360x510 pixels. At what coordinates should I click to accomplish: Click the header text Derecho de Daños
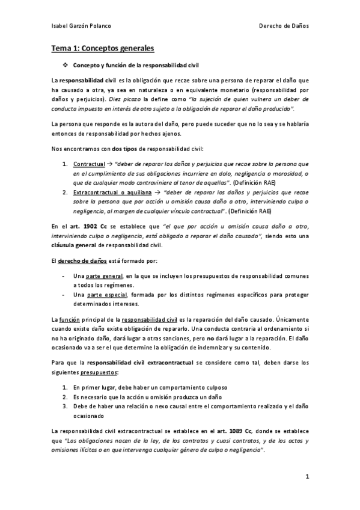284,26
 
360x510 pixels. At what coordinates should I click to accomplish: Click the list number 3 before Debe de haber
64,407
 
